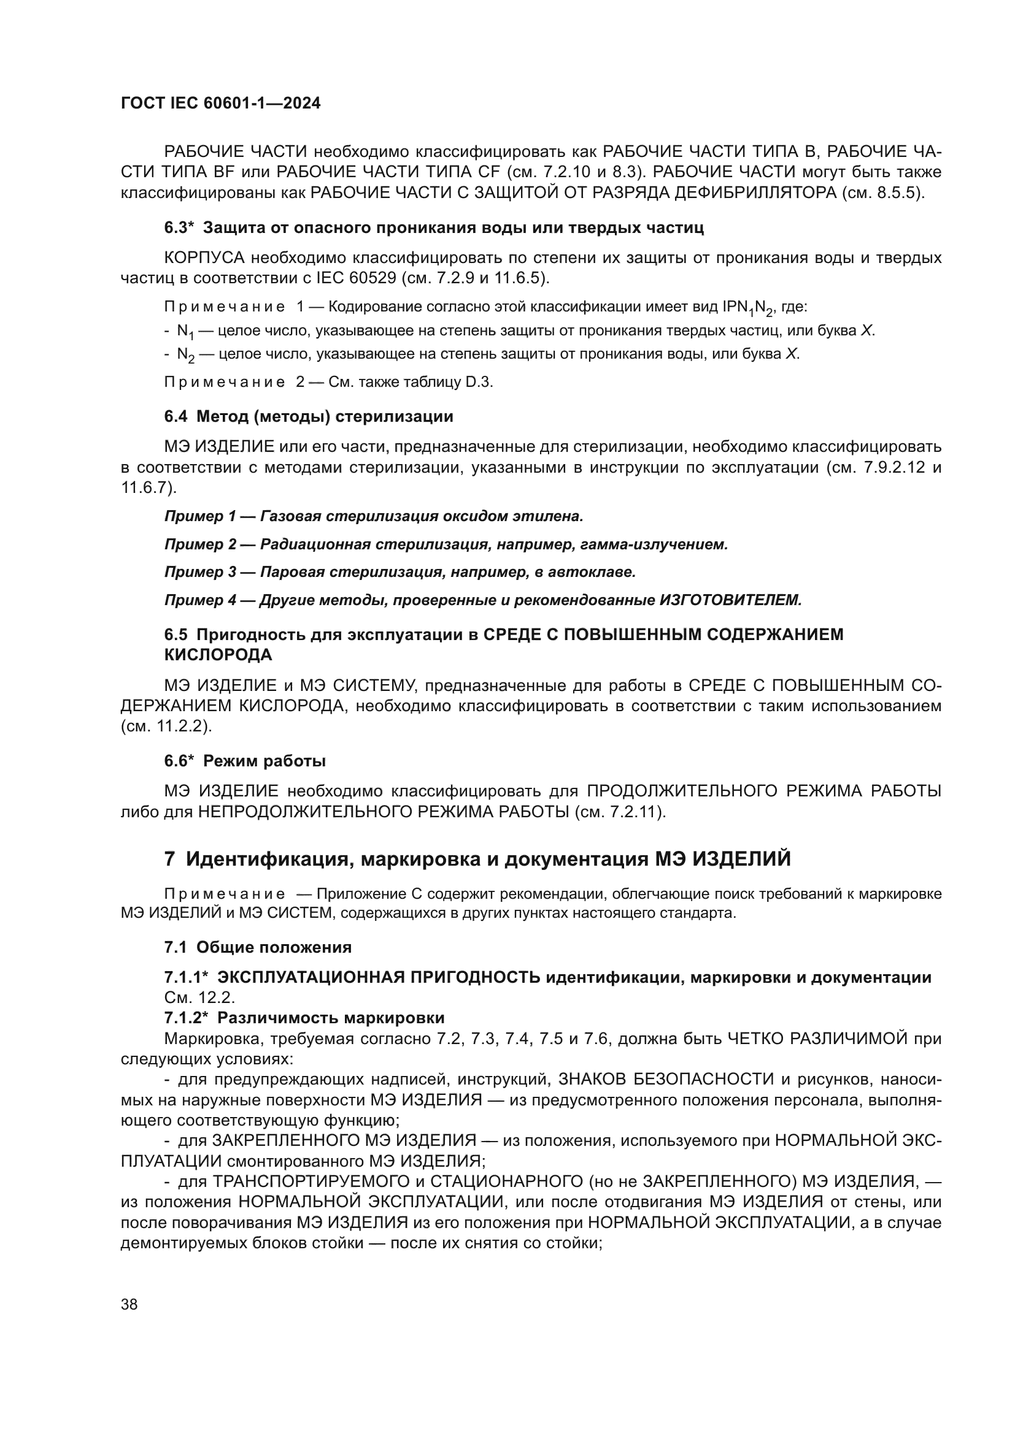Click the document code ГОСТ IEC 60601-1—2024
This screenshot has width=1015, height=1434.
(x=220, y=104)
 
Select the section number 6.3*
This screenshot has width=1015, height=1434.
(x=179, y=228)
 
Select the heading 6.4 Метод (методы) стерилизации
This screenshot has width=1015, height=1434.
(x=309, y=416)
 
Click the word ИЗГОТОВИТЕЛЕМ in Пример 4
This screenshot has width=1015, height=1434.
(x=730, y=600)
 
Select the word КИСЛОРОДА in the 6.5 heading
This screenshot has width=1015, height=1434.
(x=218, y=655)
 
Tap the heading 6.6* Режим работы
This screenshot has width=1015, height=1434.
(x=245, y=761)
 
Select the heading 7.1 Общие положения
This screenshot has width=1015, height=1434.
(x=258, y=947)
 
